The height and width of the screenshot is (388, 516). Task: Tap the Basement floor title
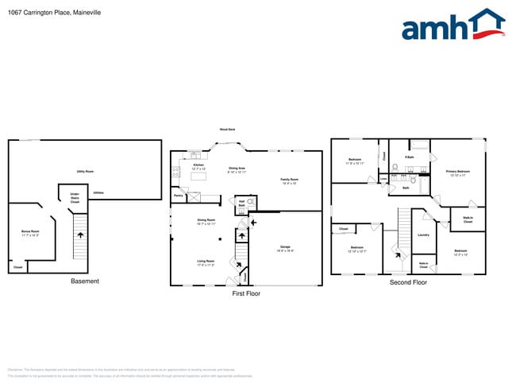pyautogui.click(x=85, y=281)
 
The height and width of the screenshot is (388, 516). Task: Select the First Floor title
pyautogui.click(x=246, y=293)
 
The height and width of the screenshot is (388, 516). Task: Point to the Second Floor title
pyautogui.click(x=408, y=282)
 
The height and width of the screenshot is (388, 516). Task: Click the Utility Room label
pyautogui.click(x=85, y=172)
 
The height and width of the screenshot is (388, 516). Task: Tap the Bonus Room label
pyautogui.click(x=30, y=233)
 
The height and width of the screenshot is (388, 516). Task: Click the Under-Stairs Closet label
pyautogui.click(x=75, y=200)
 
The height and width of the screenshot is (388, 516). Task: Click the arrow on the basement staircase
pyautogui.click(x=79, y=235)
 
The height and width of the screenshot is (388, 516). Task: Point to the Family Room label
pyautogui.click(x=289, y=181)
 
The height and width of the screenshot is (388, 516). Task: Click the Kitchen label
pyautogui.click(x=198, y=167)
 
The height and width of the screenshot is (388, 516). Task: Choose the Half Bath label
pyautogui.click(x=241, y=203)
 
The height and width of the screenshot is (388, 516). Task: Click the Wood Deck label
pyautogui.click(x=227, y=130)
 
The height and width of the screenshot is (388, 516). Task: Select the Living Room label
pyautogui.click(x=206, y=262)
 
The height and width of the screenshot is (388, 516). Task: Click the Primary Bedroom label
pyautogui.click(x=458, y=173)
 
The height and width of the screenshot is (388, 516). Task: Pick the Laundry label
pyautogui.click(x=423, y=235)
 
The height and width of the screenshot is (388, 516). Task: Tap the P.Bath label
pyautogui.click(x=410, y=157)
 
